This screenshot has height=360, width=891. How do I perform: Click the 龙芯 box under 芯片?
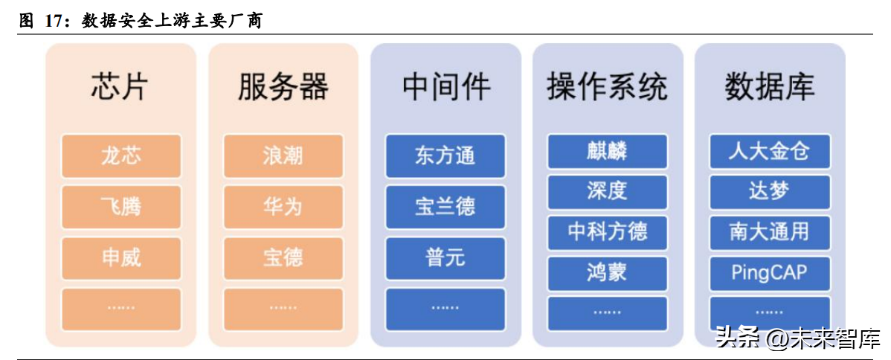point(121,155)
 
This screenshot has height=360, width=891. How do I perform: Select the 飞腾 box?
point(121,207)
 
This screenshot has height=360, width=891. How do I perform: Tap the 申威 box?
point(121,258)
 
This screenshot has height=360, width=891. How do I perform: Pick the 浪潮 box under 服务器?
point(283,155)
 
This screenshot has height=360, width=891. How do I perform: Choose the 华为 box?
point(283,207)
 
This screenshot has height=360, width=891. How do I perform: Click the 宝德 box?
point(283,258)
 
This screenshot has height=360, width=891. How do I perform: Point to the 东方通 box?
point(445,155)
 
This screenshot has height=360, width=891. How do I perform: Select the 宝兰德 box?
point(445,207)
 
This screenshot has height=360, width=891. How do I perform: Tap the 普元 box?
point(445,258)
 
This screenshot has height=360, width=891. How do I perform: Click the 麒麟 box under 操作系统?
point(608,151)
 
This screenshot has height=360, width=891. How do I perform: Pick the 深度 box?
point(608,192)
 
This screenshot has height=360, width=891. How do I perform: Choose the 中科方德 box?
point(608,232)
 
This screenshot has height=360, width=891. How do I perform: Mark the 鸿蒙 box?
point(608,273)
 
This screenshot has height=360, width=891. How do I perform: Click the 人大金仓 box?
point(770,151)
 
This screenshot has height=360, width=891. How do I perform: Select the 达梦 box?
point(770,192)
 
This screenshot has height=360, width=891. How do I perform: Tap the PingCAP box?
point(770,273)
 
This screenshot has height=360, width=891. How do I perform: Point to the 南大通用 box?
point(770,232)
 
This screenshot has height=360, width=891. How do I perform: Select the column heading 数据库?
point(770,86)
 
